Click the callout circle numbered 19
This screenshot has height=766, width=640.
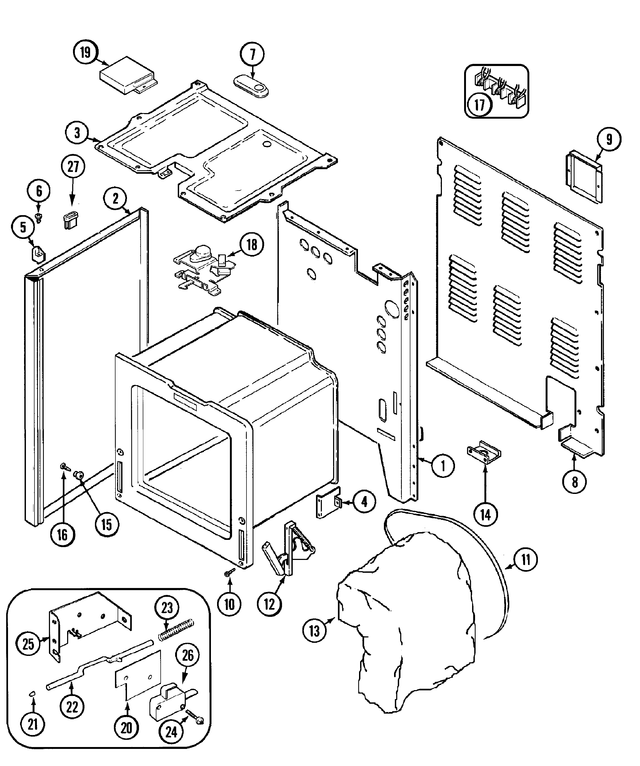pos(85,53)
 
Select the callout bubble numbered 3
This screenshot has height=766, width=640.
pos(77,133)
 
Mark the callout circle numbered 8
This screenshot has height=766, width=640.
pos(575,482)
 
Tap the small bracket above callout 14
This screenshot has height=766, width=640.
pos(484,452)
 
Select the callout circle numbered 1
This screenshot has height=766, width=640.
pos(443,465)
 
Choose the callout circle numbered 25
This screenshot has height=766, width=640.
pos(28,644)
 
